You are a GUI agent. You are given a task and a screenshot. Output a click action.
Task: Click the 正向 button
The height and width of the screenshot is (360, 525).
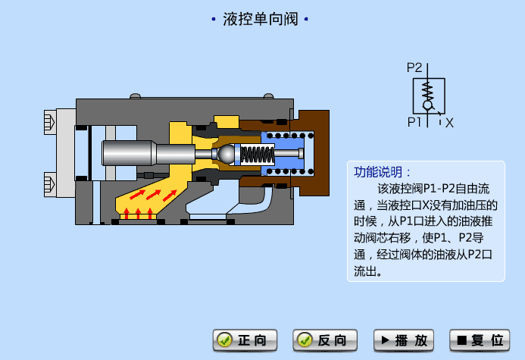pos(245,340)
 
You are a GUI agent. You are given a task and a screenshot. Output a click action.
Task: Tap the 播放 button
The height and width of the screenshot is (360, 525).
pos(405,340)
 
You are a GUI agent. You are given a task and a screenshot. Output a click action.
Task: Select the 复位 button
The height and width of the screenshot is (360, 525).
pos(479,340)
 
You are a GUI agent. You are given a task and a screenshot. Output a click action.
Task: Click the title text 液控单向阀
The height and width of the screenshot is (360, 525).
pos(259,19)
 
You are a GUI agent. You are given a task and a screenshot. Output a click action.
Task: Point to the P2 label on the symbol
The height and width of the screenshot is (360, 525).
pos(414,67)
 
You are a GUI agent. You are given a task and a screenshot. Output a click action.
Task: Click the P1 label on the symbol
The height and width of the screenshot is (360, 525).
pos(414,121)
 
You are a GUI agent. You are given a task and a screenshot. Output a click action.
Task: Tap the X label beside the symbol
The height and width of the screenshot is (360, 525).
pos(449,122)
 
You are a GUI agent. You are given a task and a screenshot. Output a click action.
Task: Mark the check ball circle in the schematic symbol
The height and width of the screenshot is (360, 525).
pos(427,105)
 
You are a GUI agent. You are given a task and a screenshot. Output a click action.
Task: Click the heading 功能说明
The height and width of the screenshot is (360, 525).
pos(383,171)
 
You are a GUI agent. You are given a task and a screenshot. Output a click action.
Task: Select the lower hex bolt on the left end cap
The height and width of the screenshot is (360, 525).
pos(51,183)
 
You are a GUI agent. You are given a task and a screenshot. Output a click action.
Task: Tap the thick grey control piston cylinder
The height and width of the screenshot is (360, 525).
pos(129,153)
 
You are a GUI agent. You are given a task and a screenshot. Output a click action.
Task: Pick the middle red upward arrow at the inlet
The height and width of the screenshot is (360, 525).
pos(138,212)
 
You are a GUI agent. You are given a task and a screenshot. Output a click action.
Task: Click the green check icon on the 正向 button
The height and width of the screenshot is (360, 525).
pos(223,340)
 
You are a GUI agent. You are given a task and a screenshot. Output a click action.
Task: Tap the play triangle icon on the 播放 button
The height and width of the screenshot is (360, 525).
pos(386,340)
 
